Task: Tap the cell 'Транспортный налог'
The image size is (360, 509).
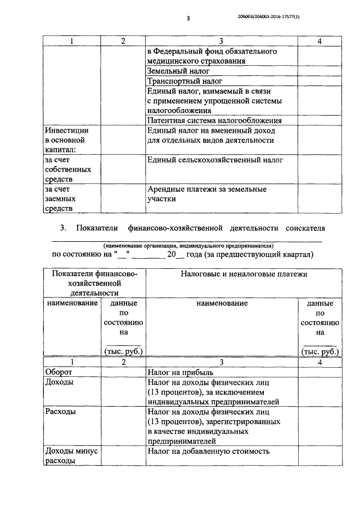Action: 183,81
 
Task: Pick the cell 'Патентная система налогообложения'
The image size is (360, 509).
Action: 214,120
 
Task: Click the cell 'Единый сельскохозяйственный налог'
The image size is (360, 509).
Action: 214,160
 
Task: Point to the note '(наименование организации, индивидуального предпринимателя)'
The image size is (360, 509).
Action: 188,246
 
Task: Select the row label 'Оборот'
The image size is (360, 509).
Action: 58,372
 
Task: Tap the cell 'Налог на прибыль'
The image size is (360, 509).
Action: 180,372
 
